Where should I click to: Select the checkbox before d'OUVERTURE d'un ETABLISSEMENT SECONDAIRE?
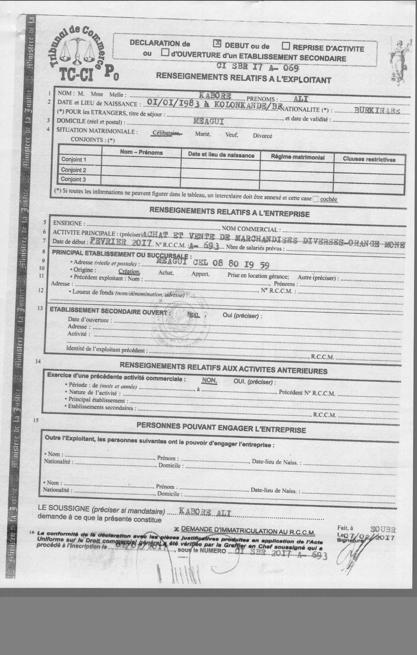[164, 52]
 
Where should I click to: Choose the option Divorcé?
[262, 136]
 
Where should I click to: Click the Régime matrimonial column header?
[297, 157]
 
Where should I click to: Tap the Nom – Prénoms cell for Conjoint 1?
[141, 161]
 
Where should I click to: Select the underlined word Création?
[129, 271]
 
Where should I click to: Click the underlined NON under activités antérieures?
[209, 380]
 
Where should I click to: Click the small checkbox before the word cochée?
[315, 199]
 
